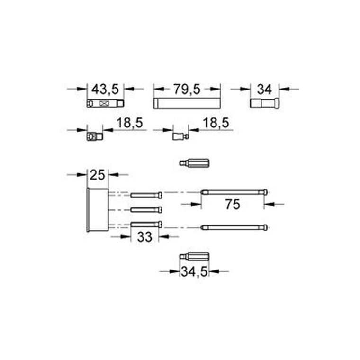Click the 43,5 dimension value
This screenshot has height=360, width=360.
(105, 89)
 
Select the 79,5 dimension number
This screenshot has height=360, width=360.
(187, 89)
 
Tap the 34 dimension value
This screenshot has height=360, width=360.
(264, 90)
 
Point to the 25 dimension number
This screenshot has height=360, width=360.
(98, 175)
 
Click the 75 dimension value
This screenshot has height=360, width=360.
(233, 204)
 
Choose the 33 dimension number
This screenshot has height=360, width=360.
(144, 237)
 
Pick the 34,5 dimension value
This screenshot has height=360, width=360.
(194, 272)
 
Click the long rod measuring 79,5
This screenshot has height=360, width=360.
(187, 103)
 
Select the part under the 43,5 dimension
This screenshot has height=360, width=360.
(105, 104)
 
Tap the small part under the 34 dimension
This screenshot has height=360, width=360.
(265, 103)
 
